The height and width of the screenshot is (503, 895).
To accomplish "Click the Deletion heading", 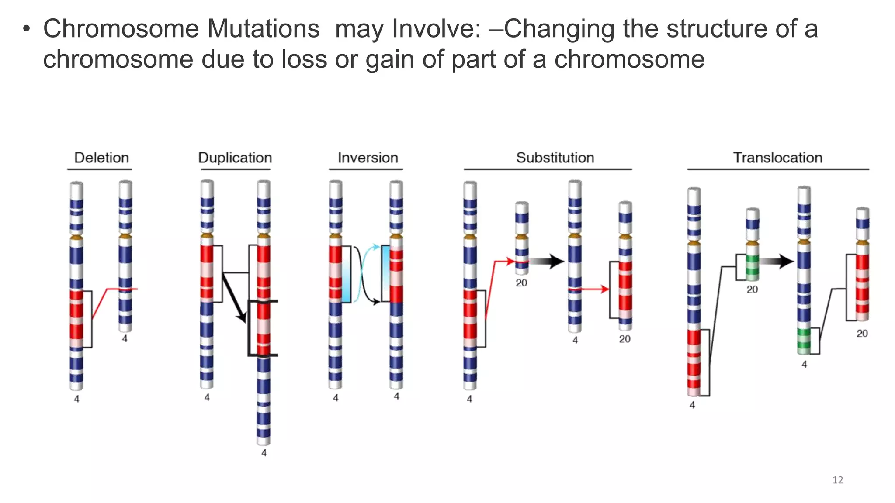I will coord(101,158).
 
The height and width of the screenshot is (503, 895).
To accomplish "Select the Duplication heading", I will coord(235,158).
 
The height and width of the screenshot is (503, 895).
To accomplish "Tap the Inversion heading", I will coord(368,158).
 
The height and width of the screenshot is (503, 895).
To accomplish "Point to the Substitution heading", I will coord(555,158).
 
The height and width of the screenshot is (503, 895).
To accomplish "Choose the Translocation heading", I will coord(777,158).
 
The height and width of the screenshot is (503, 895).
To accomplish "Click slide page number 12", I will coord(837,480).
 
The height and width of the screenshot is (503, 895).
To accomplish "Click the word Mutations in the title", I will coord(263,29).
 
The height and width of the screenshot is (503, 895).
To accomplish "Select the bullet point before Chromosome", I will coord(27,30).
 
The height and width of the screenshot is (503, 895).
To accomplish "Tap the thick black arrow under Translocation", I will coord(777,262).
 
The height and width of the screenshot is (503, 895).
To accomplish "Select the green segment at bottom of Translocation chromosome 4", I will coord(804,341).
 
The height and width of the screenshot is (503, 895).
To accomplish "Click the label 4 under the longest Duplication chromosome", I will coord(264,453).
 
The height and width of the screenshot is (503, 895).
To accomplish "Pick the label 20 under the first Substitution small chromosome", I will coord(521,283).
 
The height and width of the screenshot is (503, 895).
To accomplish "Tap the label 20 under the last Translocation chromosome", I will coord(862,334).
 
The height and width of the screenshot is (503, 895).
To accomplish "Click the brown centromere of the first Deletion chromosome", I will coord(76,238).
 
